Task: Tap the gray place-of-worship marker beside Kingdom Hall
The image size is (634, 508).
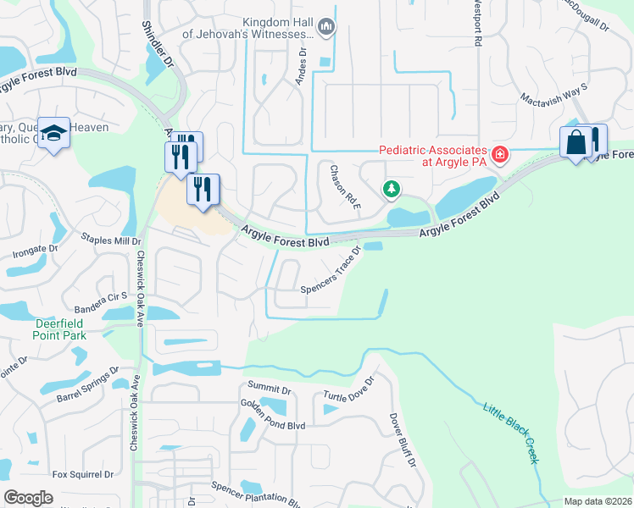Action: (x=327, y=29)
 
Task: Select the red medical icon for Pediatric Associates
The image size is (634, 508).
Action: (x=500, y=154)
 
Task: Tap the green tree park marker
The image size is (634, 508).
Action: (x=391, y=189)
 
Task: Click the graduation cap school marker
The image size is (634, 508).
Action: (x=53, y=134)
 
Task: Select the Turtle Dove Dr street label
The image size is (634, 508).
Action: (x=348, y=396)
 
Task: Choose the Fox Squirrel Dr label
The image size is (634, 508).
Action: (x=82, y=475)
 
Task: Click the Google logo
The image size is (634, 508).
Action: (x=29, y=498)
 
